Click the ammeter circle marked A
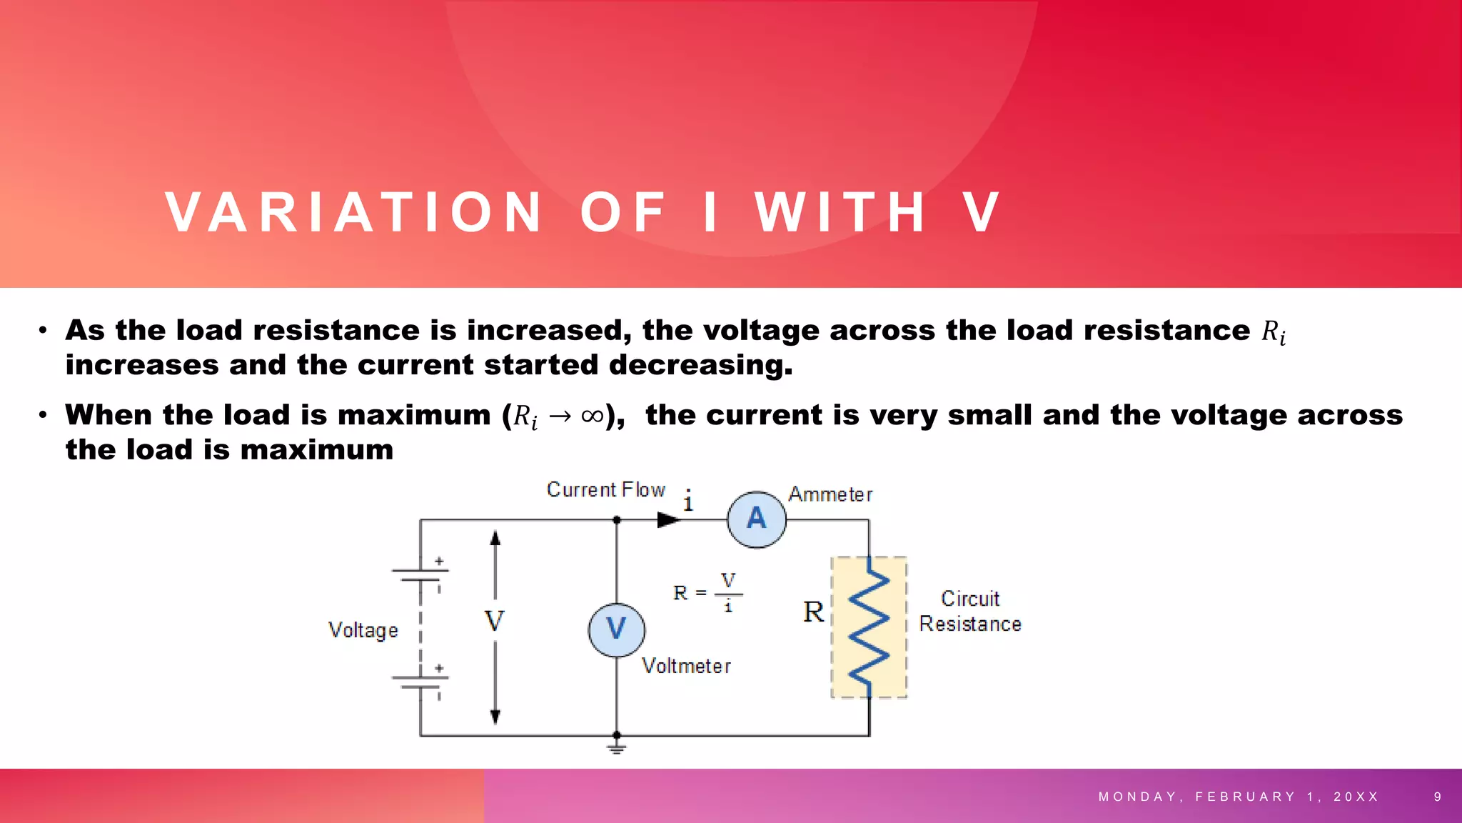pyautogui.click(x=757, y=519)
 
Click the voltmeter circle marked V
pyautogui.click(x=617, y=629)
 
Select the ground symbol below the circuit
pyautogui.click(x=617, y=747)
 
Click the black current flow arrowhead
pyautogui.click(x=668, y=520)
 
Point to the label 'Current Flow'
pyautogui.click(x=605, y=490)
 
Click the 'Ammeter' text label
pyautogui.click(x=830, y=494)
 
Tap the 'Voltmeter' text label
pyautogui.click(x=686, y=666)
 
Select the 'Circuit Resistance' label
pyautogui.click(x=969, y=612)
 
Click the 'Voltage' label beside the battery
pyautogui.click(x=363, y=630)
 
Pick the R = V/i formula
pyautogui.click(x=708, y=592)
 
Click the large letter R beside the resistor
pyautogui.click(x=813, y=612)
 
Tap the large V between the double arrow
pyautogui.click(x=494, y=621)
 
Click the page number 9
pyautogui.click(x=1438, y=797)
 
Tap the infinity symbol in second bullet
pyautogui.click(x=592, y=416)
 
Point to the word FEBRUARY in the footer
pyautogui.click(x=1246, y=797)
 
